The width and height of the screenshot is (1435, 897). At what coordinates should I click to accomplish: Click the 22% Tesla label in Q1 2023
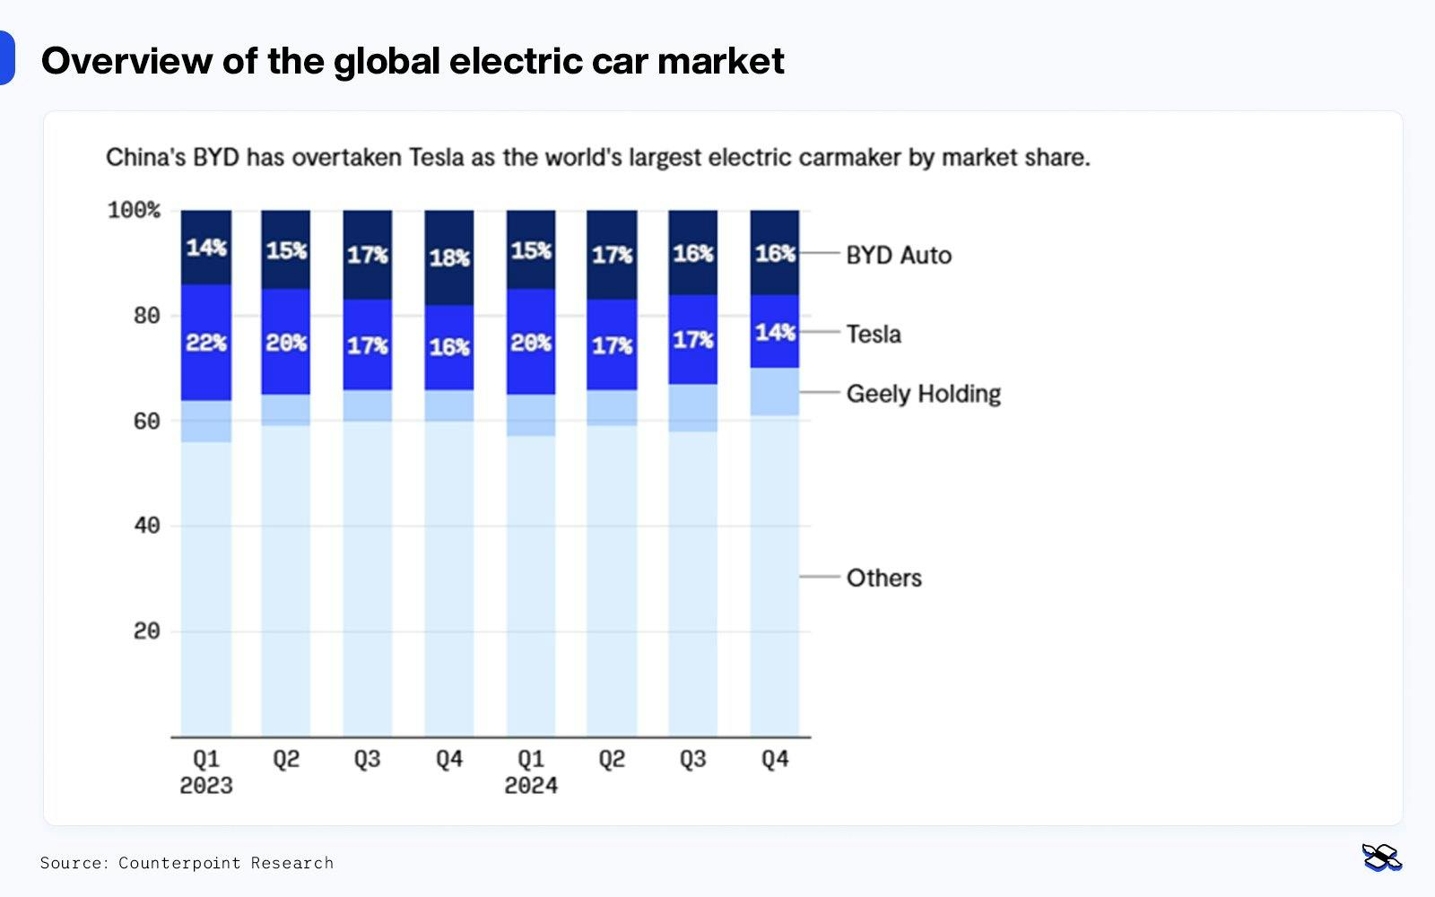coord(206,343)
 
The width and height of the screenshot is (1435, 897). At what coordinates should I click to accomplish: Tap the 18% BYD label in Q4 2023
coord(449,258)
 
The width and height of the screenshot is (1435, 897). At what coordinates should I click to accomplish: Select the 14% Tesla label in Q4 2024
coord(775,333)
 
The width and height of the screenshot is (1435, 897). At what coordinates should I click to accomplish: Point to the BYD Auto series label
coord(899,256)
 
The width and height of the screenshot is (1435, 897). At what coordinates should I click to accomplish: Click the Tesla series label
coord(874,335)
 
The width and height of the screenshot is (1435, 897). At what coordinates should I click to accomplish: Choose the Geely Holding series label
coord(923,394)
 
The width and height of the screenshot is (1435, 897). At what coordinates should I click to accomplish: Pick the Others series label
coord(883,578)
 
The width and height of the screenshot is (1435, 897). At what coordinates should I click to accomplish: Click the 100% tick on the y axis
coord(134,211)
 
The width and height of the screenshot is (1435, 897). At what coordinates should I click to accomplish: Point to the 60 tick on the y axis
coord(146,422)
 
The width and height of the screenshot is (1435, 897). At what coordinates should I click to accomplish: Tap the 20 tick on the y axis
coord(146,631)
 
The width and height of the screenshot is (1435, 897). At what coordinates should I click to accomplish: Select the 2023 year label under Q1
coord(206,786)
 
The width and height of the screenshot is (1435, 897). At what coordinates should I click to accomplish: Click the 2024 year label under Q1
coord(531,786)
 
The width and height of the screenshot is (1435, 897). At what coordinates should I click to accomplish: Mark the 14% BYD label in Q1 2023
coord(206,248)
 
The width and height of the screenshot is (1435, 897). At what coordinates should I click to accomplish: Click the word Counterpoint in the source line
coord(179,863)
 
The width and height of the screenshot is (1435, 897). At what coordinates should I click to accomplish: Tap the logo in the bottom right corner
coord(1381,858)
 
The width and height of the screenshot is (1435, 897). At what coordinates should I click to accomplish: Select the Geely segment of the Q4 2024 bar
coord(775,391)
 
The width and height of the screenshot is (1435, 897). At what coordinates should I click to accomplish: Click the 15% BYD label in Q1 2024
coord(531,251)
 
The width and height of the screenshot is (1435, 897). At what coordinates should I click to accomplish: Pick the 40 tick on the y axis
coord(146,526)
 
